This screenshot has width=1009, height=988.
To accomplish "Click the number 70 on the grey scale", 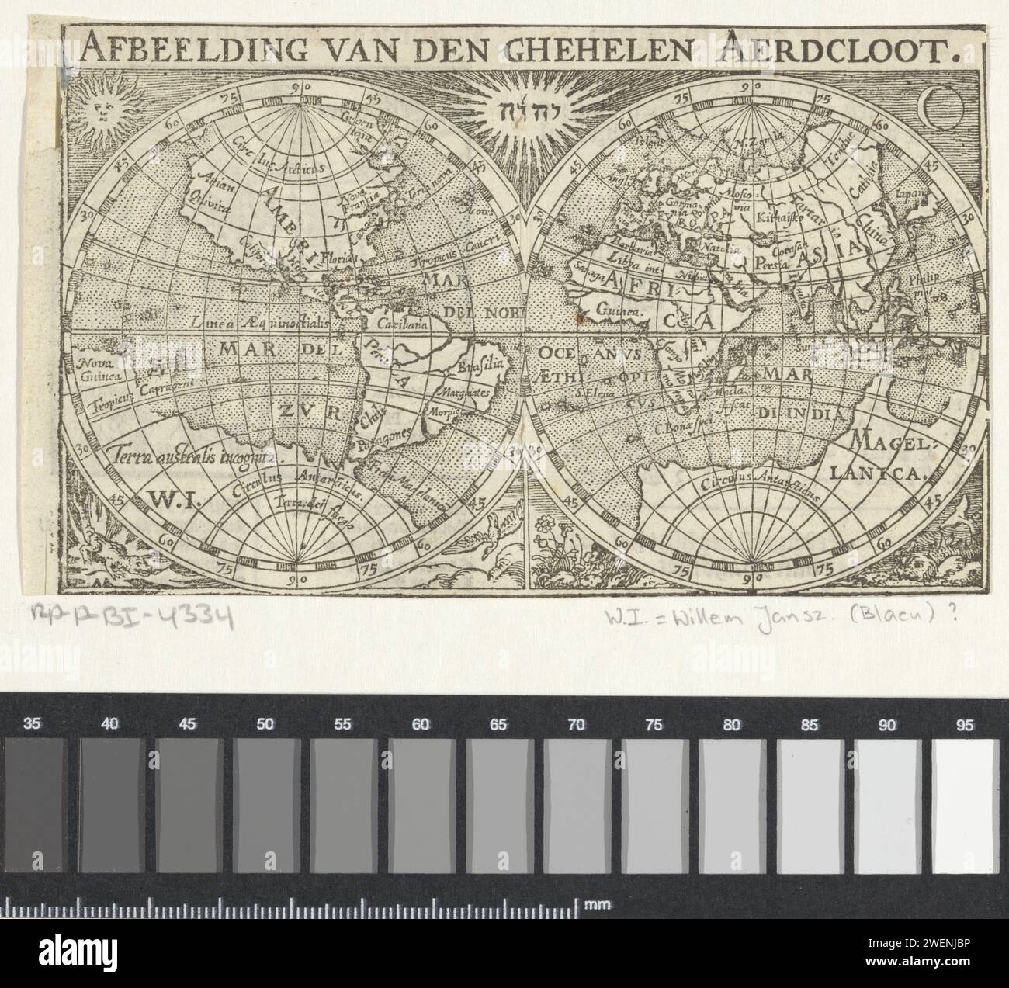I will [577, 725].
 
